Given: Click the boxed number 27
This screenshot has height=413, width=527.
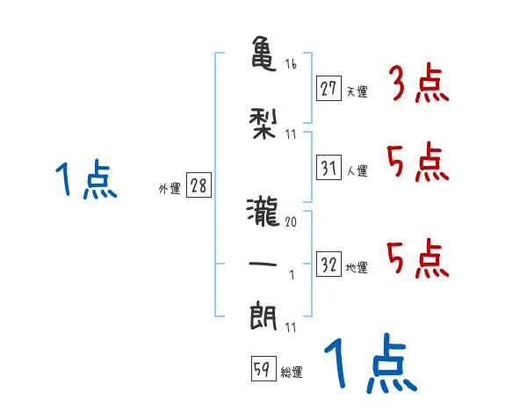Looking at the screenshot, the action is [328, 88].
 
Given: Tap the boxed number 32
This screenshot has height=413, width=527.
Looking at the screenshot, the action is [328, 265].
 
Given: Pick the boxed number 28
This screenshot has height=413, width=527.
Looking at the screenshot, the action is [199, 186].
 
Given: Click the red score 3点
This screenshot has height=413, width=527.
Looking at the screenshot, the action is [418, 83].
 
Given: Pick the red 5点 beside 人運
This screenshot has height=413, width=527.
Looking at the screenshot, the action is [418, 163].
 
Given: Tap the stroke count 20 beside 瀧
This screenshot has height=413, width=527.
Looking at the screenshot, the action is [291, 223].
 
